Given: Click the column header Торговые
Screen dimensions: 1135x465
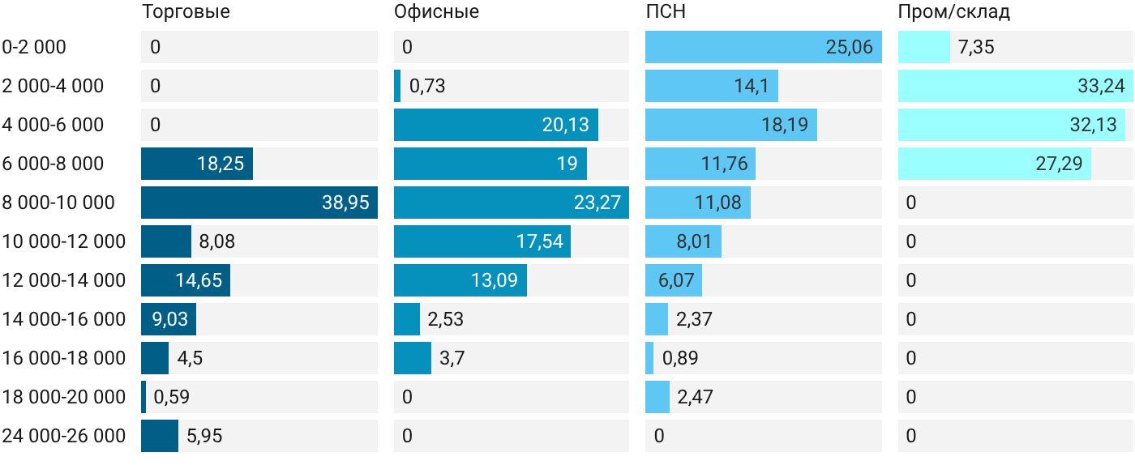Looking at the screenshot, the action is (186, 11).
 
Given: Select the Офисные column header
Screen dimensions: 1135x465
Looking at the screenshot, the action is (436, 11).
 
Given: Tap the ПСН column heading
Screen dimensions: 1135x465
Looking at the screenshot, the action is (666, 11).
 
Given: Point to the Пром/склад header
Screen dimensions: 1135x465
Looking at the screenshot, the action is (954, 11).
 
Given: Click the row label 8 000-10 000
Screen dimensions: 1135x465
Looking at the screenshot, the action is (58, 203).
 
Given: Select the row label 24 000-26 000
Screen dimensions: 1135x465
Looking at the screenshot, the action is (64, 436).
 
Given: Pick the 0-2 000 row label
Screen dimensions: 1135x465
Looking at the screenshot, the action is (34, 47).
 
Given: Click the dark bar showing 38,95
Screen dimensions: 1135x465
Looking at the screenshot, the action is (259, 203).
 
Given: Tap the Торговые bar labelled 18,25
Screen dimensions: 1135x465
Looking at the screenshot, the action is (197, 164).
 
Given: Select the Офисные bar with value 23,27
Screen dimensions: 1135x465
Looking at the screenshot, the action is (512, 203).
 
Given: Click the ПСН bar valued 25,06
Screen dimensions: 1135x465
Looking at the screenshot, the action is (764, 47).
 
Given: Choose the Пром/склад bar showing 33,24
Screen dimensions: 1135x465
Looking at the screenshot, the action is (1015, 86).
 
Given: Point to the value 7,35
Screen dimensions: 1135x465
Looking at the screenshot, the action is (976, 47).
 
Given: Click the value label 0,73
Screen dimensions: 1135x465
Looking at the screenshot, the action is (427, 86).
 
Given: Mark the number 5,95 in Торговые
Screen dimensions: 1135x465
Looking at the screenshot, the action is (204, 436).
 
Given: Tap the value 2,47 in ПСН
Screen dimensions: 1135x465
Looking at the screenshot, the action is (696, 397).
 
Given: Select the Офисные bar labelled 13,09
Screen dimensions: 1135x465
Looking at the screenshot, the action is (460, 280).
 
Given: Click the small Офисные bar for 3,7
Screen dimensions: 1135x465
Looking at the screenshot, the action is (413, 358).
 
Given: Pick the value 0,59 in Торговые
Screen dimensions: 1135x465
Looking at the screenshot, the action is (171, 397).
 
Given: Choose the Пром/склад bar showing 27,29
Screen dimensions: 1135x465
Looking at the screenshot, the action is (995, 164).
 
